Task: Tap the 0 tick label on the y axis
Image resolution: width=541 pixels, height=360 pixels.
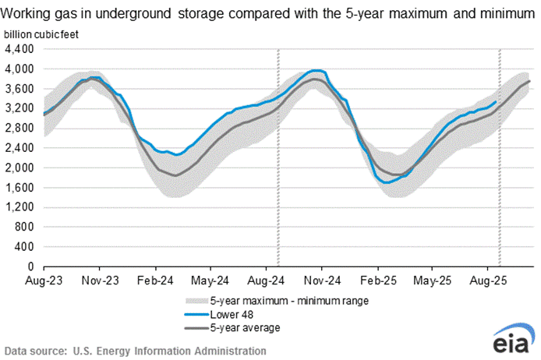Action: [x=31, y=266]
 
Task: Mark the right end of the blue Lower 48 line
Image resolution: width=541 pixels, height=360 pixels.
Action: [x=497, y=101]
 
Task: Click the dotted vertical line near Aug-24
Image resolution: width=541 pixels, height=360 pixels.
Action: [x=279, y=156]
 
